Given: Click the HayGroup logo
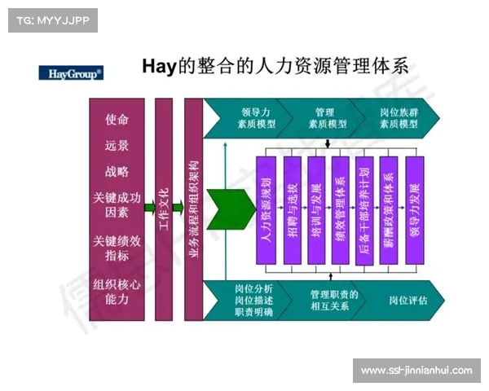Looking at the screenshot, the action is coord(71,72).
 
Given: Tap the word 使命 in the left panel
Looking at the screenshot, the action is coord(117,119).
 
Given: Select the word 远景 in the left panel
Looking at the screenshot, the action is coord(117,146).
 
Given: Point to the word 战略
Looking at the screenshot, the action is coord(117,172).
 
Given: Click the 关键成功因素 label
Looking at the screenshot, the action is coord(117,204).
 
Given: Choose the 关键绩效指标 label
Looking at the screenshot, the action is coord(117,248).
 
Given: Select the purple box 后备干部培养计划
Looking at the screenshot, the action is coord(365,210).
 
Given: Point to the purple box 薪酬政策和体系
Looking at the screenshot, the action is coord(390,210).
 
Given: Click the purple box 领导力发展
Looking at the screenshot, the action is coord(415,210).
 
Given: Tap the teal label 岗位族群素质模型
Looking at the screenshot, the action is coord(399,118).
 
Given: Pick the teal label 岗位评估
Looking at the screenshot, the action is coord(404,301).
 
